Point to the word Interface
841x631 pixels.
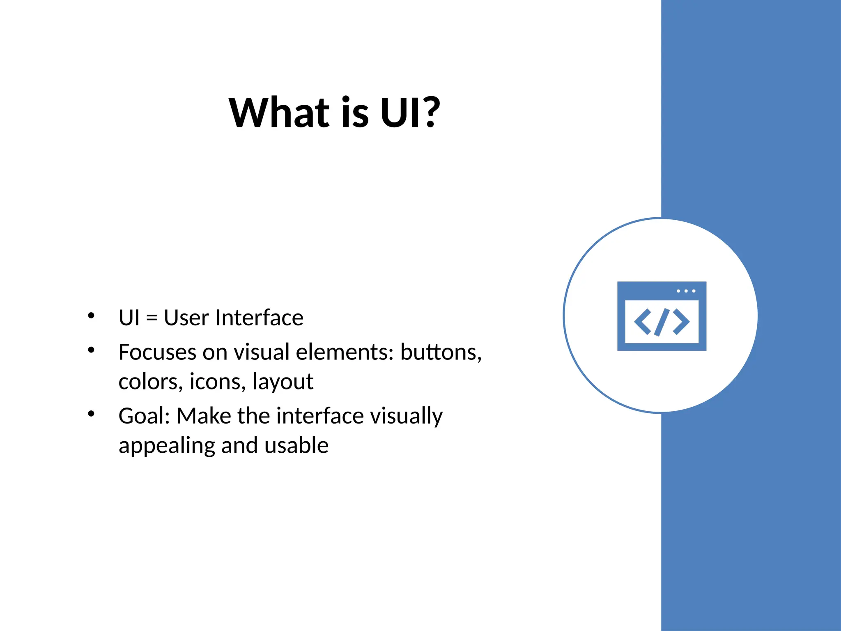coord(259,318)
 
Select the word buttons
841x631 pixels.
coord(440,352)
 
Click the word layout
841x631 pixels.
coord(283,382)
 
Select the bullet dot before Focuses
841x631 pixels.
coord(91,350)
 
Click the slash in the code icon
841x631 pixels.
coord(662,322)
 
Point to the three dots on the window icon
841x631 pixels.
coord(686,291)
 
